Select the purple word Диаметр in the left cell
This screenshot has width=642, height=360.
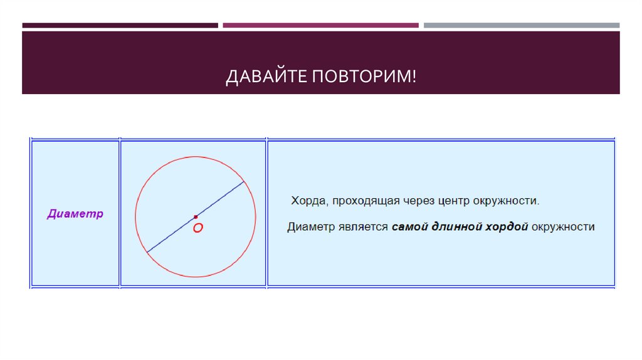click(75, 214)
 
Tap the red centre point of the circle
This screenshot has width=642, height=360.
click(196, 217)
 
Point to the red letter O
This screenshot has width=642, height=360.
click(197, 229)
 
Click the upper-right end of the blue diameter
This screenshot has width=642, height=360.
click(243, 183)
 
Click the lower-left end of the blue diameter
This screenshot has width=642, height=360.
click(147, 252)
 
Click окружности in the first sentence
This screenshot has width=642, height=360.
click(508, 201)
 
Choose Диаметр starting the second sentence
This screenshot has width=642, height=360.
click(311, 226)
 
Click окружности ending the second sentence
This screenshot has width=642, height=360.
click(563, 226)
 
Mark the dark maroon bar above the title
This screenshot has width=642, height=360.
click(120, 26)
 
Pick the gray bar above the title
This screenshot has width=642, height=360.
click(521, 26)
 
